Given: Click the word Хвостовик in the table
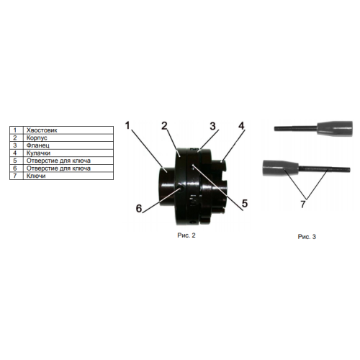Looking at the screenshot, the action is click(x=42, y=130).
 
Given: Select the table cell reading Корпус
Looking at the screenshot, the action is click(x=68, y=138).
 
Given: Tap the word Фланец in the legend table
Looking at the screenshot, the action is click(x=38, y=145).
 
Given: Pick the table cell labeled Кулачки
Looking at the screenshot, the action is click(x=68, y=153).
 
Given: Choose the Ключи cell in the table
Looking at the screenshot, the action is click(x=68, y=176).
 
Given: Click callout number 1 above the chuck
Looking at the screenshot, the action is click(x=127, y=125).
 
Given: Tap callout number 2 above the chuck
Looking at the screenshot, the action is click(x=164, y=126).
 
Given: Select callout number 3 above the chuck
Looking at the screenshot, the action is click(x=212, y=126).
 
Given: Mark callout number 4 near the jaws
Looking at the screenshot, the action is click(x=241, y=126).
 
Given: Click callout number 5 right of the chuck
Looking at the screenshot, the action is click(x=245, y=204).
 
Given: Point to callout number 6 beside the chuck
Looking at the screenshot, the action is click(x=139, y=208).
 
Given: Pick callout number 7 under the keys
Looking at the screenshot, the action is click(x=303, y=204).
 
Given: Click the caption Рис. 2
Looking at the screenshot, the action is click(x=186, y=235).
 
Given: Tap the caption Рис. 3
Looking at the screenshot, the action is click(x=307, y=237).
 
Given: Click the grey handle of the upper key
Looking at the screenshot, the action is click(x=335, y=128).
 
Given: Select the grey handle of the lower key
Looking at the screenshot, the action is click(x=281, y=168).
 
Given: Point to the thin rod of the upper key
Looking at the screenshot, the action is click(x=296, y=128).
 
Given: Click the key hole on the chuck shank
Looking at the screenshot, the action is click(x=181, y=189).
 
